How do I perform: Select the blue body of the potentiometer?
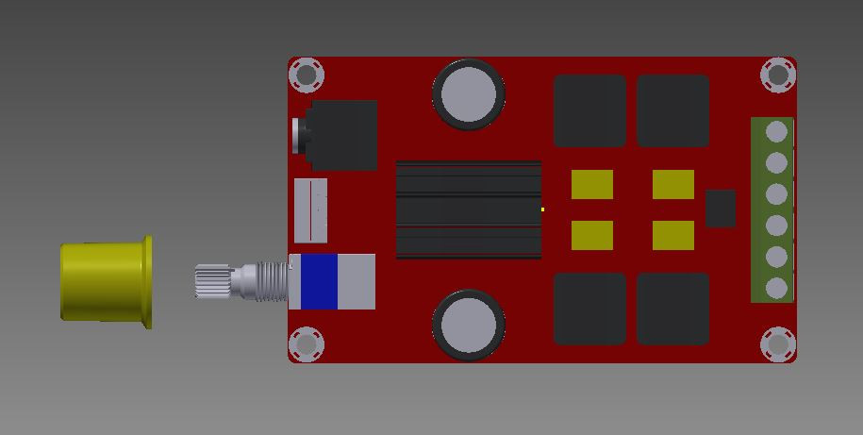click(x=318, y=281)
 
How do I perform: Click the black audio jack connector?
click(x=340, y=135)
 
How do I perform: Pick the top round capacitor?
click(x=468, y=93)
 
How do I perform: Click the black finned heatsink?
click(x=468, y=209)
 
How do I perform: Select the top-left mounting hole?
click(x=306, y=75)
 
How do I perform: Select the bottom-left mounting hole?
click(x=306, y=344)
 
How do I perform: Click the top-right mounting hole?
click(x=778, y=75)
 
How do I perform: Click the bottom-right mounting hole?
click(x=778, y=344)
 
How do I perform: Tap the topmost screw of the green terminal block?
click(x=776, y=131)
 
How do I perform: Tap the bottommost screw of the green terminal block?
click(x=776, y=288)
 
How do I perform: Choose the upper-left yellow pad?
click(x=591, y=184)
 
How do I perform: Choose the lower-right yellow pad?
click(x=673, y=235)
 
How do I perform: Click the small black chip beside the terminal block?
click(x=721, y=209)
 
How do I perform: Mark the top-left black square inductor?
click(x=589, y=110)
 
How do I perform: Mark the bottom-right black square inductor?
click(x=673, y=309)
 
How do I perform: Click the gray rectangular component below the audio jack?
click(x=311, y=209)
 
